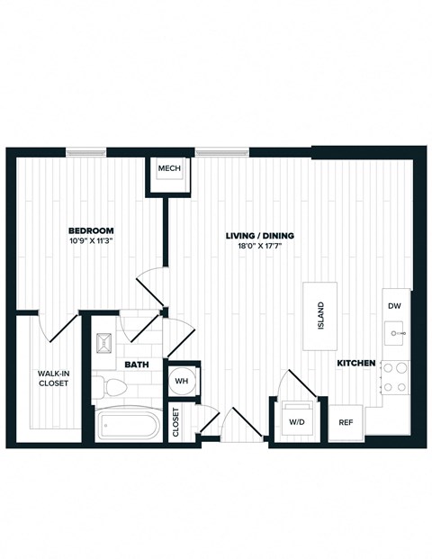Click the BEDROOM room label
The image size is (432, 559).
click(x=91, y=231)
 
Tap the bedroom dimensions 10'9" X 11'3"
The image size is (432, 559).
click(x=91, y=241)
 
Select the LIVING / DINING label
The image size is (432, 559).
click(x=259, y=236)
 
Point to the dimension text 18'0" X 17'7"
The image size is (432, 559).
click(x=259, y=246)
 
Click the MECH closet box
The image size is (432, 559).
click(x=170, y=170)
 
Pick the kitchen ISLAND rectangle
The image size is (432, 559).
click(x=320, y=317)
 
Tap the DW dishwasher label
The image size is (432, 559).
click(x=394, y=306)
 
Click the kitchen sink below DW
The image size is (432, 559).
click(x=395, y=334)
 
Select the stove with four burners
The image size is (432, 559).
click(x=395, y=377)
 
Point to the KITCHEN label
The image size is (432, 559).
click(x=355, y=363)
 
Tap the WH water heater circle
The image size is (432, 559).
click(x=183, y=381)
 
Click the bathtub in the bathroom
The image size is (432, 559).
click(x=128, y=425)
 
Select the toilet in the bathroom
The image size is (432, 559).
click(x=114, y=386)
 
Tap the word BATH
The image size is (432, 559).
click(x=137, y=365)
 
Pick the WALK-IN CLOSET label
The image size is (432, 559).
click(x=53, y=378)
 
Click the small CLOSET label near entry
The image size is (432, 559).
click(x=176, y=422)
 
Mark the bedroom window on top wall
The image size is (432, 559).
click(x=86, y=151)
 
